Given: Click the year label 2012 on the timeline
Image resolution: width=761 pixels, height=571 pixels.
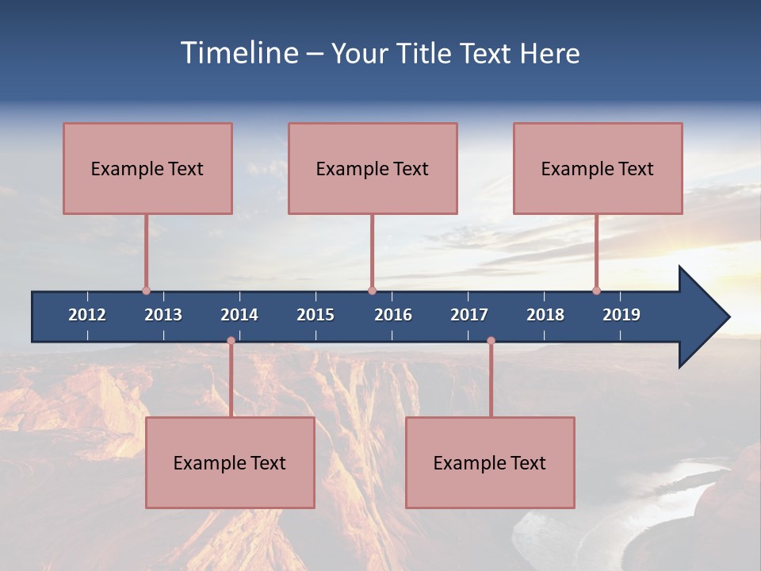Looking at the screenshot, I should point(87,315).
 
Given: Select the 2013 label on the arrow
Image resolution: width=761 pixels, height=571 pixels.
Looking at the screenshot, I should point(163,315).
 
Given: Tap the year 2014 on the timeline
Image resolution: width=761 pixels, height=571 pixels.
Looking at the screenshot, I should point(239,315).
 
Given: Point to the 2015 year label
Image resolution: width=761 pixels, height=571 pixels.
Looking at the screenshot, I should point(315,315).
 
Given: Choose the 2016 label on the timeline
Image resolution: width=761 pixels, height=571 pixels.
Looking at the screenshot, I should point(393,315).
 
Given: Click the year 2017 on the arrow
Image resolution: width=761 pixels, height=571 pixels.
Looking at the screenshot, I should point(469,315).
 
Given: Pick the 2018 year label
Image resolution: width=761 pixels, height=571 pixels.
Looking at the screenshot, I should point(545,315).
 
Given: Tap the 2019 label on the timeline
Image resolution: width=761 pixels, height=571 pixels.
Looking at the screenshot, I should point(621,315).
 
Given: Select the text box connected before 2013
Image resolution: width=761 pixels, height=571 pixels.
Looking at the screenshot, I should point(147,168).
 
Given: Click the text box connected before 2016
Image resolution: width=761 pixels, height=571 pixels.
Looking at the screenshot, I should point(373,168).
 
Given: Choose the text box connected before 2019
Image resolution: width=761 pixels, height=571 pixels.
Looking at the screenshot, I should point(598,168).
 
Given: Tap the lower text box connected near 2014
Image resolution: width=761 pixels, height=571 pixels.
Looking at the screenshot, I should point(230,462).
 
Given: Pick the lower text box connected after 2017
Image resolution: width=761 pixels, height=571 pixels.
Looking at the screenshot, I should point(490,462).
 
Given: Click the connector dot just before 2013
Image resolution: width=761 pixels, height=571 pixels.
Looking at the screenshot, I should point(146,290).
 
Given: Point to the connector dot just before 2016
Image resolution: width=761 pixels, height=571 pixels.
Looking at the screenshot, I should point(372,290).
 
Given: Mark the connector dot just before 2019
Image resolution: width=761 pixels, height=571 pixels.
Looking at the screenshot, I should point(596,290).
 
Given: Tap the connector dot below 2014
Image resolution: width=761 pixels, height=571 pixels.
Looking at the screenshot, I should point(231,341).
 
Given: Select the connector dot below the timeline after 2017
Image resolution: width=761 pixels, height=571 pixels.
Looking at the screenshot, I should point(491,341).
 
